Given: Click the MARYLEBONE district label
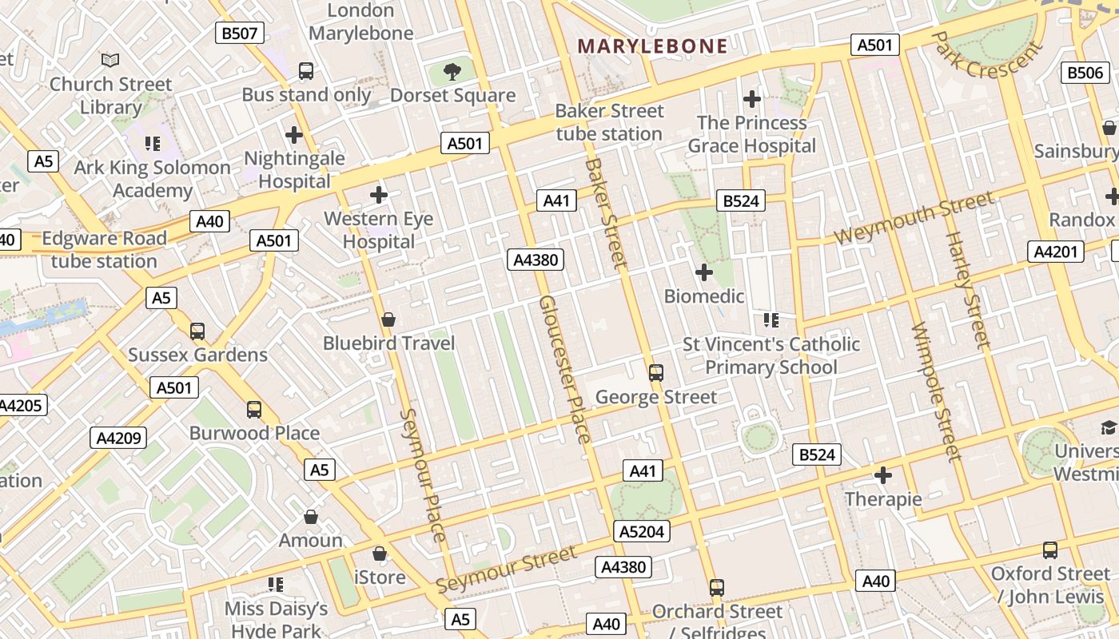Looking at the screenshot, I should (652, 46).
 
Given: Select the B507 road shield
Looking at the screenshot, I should (240, 33).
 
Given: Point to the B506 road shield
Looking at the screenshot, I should (1086, 73).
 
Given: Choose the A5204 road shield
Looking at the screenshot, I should (642, 531).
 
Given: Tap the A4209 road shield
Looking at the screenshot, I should (119, 437).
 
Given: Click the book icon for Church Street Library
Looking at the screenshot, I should (110, 60).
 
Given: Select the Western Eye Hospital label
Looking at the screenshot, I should (378, 230).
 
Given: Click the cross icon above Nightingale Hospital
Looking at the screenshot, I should (294, 134).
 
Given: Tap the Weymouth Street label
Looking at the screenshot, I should (914, 218).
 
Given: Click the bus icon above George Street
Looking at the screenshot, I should (656, 372).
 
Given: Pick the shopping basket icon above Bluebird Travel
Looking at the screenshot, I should (388, 320).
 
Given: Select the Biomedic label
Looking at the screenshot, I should (704, 296).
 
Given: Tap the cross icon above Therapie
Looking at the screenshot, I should (883, 475).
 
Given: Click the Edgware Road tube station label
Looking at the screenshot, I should (104, 249).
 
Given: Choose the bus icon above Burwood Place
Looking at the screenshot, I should (254, 410).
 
